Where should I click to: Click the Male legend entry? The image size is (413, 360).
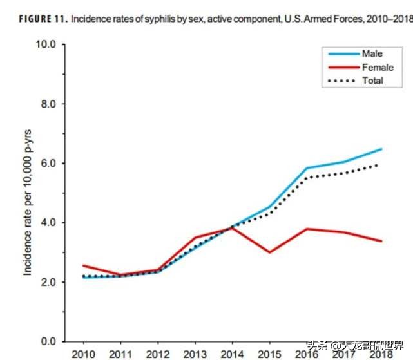coord(372,54)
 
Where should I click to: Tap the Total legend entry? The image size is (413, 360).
coord(372,81)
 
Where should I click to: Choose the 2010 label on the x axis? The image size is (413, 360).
coord(83,354)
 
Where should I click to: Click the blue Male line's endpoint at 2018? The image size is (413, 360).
coord(381,149)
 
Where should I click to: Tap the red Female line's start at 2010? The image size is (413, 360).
coord(84,265)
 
